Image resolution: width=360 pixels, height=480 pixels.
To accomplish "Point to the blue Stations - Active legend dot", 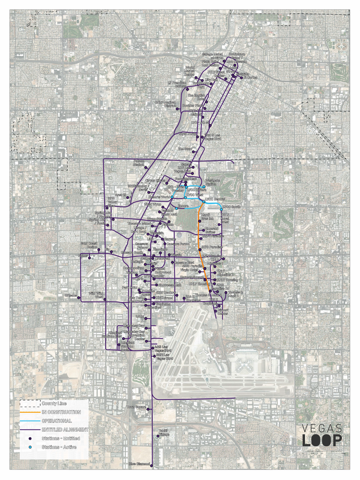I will click(x=29, y=447).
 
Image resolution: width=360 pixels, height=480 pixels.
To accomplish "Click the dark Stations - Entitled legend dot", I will click(x=29, y=438).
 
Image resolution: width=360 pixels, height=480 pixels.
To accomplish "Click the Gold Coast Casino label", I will click(x=89, y=245).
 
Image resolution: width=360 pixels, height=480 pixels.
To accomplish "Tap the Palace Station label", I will click(x=139, y=163).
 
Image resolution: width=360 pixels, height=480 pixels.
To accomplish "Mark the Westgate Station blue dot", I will click(x=204, y=186).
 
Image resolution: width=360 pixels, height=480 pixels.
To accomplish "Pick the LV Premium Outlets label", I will click(x=176, y=84).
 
